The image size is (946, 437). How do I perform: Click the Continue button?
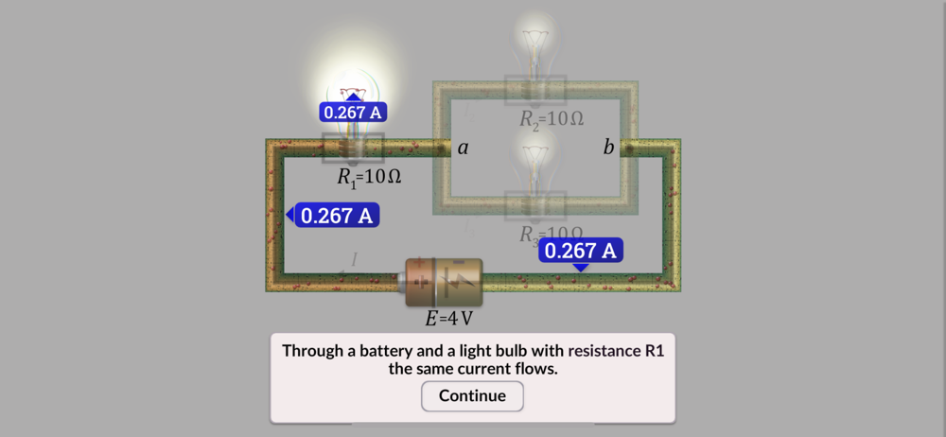click(x=472, y=395)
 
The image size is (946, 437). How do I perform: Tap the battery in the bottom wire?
click(x=444, y=282)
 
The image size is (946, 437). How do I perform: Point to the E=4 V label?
click(x=448, y=319)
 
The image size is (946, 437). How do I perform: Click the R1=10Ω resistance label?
click(x=369, y=177)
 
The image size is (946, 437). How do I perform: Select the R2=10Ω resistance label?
click(x=551, y=120)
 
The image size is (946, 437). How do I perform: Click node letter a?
click(x=464, y=149)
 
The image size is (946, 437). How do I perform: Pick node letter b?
click(x=608, y=148)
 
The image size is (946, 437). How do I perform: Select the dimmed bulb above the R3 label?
click(x=535, y=166)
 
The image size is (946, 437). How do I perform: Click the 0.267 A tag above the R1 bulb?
click(x=353, y=113)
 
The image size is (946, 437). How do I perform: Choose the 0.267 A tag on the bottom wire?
click(x=581, y=251)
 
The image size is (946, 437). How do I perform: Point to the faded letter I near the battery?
click(x=355, y=259)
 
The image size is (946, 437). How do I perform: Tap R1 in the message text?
click(x=655, y=350)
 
